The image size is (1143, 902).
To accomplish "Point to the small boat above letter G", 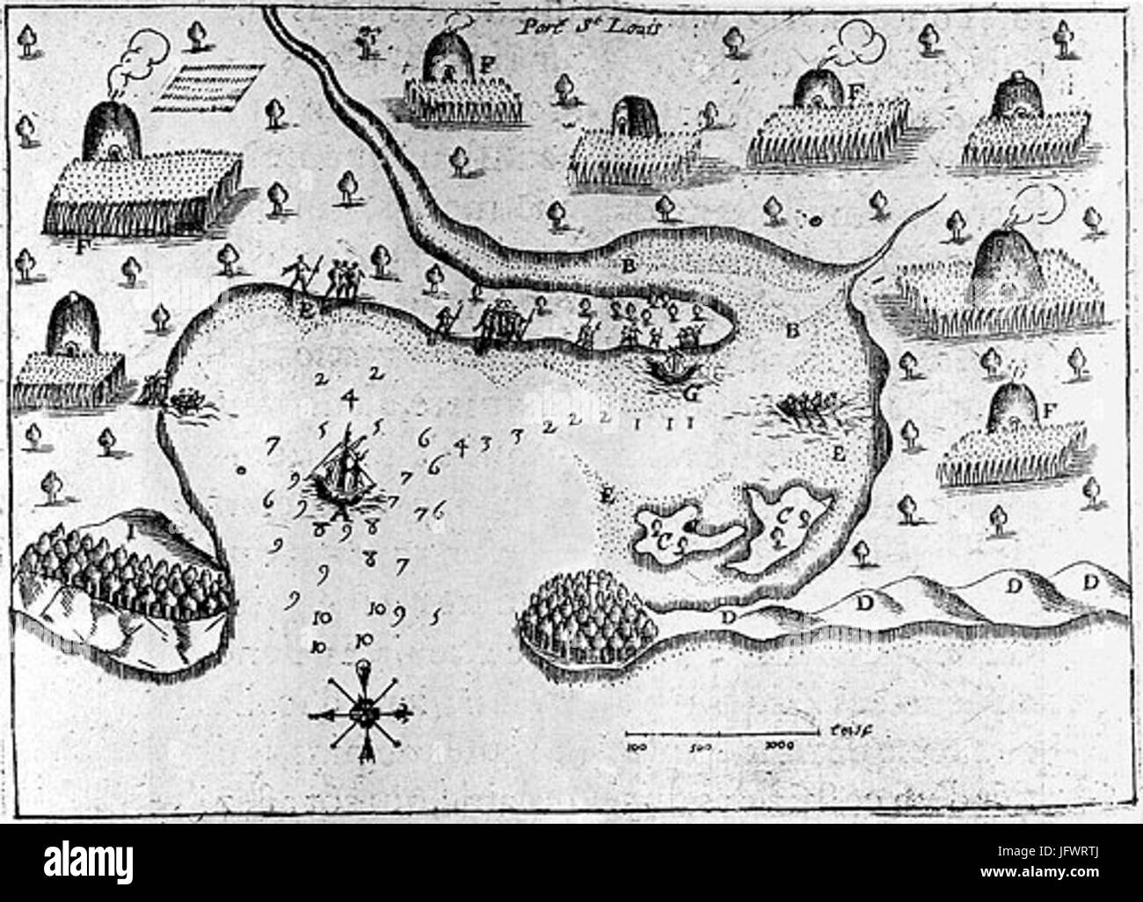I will pos(670,364).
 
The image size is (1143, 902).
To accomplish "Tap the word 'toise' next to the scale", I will pos(843,729).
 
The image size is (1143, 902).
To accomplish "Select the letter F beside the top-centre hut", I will pos(485,62).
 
